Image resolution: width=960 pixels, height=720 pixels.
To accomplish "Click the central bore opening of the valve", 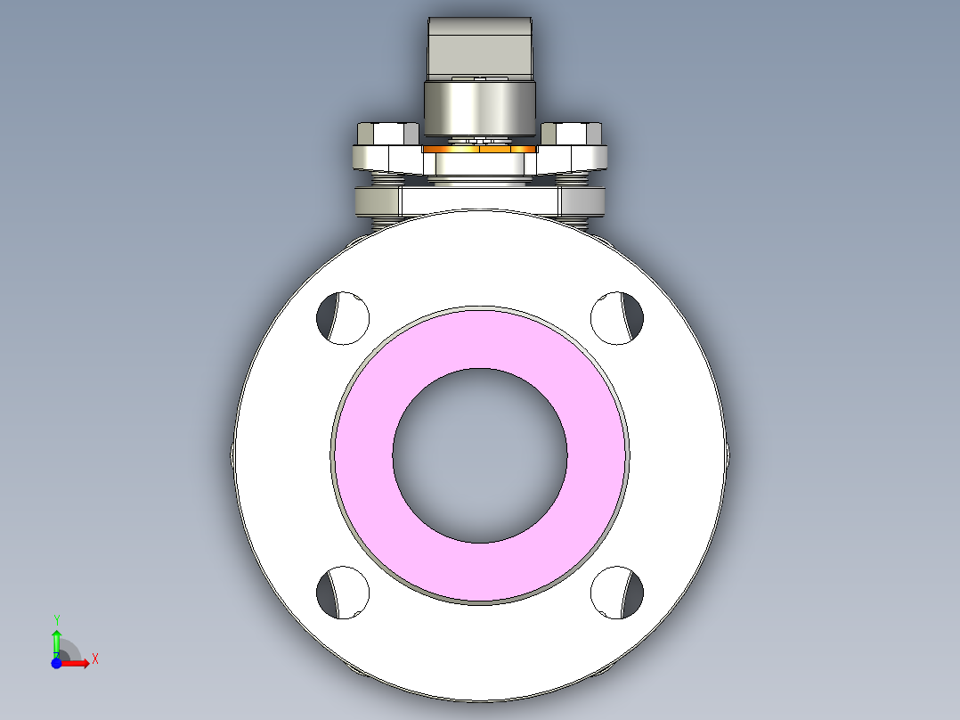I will (x=480, y=455).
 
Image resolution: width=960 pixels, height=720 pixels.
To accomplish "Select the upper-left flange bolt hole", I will (x=343, y=315).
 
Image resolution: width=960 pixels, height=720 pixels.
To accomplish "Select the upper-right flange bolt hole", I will (x=618, y=315).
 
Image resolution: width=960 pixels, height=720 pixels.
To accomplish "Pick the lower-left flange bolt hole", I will (x=343, y=593).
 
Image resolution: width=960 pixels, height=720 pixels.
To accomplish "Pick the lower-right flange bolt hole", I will (x=618, y=593).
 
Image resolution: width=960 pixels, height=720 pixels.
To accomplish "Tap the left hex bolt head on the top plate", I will (x=386, y=134).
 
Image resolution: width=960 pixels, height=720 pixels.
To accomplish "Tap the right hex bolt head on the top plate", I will (x=572, y=134).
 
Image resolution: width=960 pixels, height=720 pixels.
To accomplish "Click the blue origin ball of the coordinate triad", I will (x=56, y=663).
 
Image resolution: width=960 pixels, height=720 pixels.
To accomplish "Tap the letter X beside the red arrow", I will (x=95, y=659).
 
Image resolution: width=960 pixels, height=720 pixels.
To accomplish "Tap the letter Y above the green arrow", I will (x=56, y=618).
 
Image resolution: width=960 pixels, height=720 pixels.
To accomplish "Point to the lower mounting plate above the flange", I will (x=481, y=200).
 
